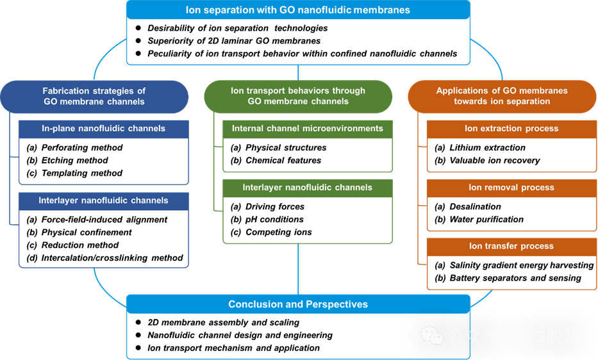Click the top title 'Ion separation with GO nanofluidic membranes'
298,10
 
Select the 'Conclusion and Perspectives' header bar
298,304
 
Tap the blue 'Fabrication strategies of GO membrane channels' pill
94,96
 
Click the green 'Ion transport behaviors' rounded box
298,96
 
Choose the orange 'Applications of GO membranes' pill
502,96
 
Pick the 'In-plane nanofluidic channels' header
103,128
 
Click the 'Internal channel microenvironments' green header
307,128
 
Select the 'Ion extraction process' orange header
511,128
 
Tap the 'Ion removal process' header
511,188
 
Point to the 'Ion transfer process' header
511,246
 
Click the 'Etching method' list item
75,160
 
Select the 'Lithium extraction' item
487,147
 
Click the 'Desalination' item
476,206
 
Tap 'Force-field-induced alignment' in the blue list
104,219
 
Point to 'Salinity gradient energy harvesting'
521,265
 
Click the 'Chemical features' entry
283,160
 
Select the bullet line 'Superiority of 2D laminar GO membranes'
234,41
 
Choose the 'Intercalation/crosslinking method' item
112,258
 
